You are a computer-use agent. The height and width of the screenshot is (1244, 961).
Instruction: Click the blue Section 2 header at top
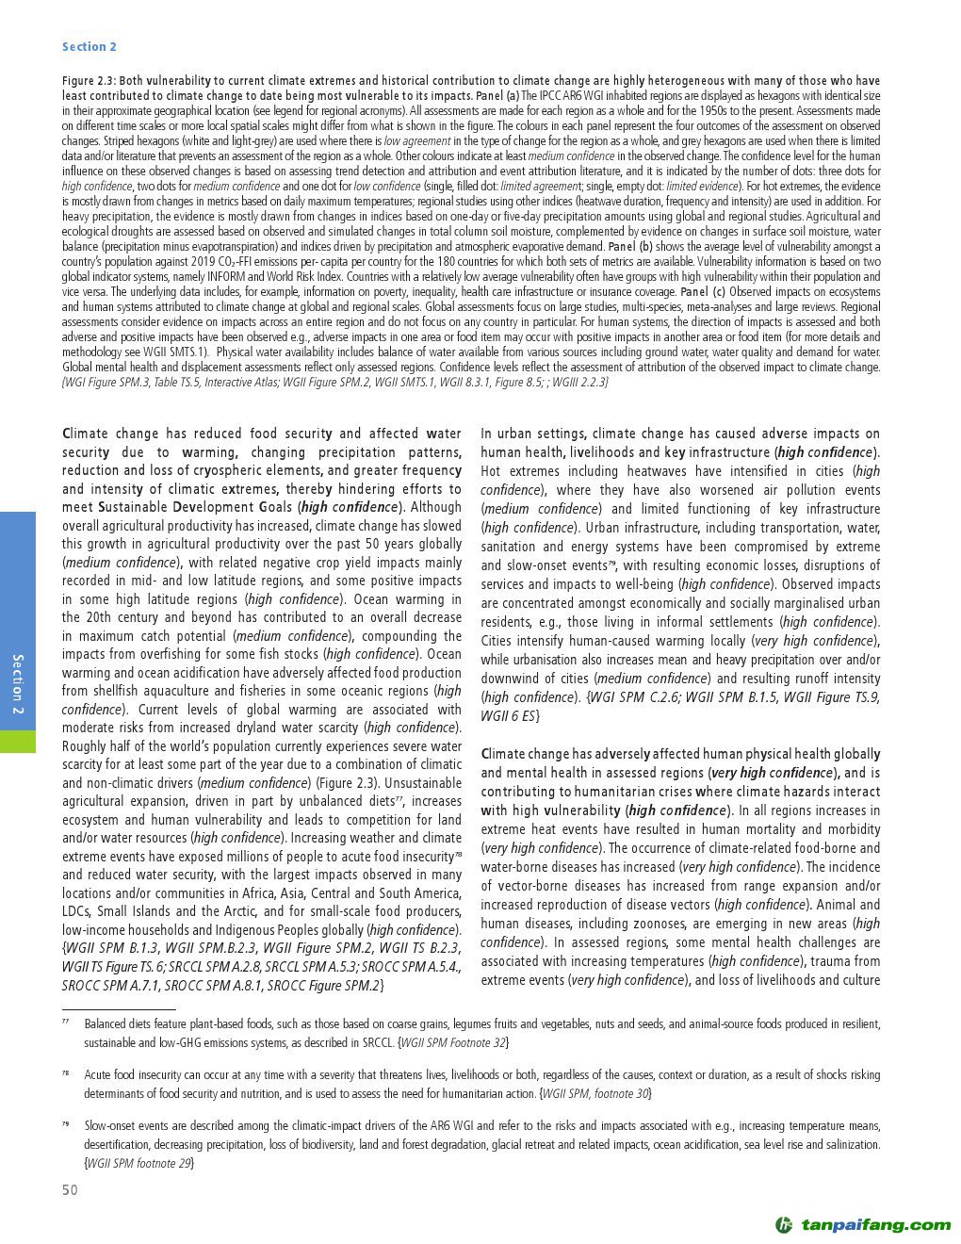[x=90, y=47]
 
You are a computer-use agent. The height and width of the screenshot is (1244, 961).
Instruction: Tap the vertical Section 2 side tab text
[x=18, y=682]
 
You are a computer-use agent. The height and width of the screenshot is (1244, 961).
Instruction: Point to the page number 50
[x=71, y=1190]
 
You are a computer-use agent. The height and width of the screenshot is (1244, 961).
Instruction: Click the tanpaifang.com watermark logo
[x=863, y=1224]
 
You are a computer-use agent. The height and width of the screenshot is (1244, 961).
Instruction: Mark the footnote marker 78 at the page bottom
[x=67, y=1072]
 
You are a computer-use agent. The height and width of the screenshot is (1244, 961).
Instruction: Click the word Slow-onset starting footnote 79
[x=108, y=1126]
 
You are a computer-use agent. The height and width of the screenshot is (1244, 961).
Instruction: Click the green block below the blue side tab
[x=18, y=741]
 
